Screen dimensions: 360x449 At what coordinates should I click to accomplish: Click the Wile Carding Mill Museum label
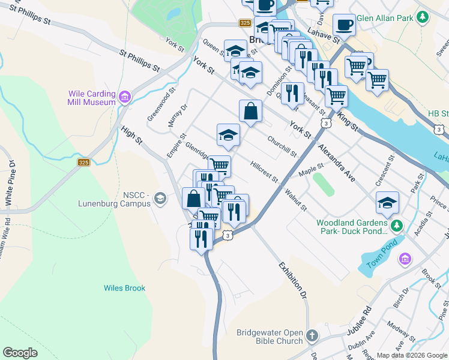(x=92, y=98)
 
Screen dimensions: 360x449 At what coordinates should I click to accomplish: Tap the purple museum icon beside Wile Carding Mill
(x=125, y=97)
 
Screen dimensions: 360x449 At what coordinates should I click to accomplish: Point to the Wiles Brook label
(x=124, y=288)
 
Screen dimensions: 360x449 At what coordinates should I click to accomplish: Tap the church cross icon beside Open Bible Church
(x=312, y=336)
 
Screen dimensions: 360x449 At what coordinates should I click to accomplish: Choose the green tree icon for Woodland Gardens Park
(x=396, y=226)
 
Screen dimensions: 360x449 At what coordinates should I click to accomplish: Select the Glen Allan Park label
(x=385, y=18)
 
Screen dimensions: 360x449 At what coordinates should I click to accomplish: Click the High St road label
(x=131, y=135)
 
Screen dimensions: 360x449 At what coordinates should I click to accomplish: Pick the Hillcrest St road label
(x=264, y=171)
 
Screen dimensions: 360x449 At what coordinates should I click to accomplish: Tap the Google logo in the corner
(x=20, y=353)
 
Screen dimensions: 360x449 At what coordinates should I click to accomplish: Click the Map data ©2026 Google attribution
(x=411, y=355)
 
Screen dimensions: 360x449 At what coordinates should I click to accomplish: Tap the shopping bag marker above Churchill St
(x=250, y=111)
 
